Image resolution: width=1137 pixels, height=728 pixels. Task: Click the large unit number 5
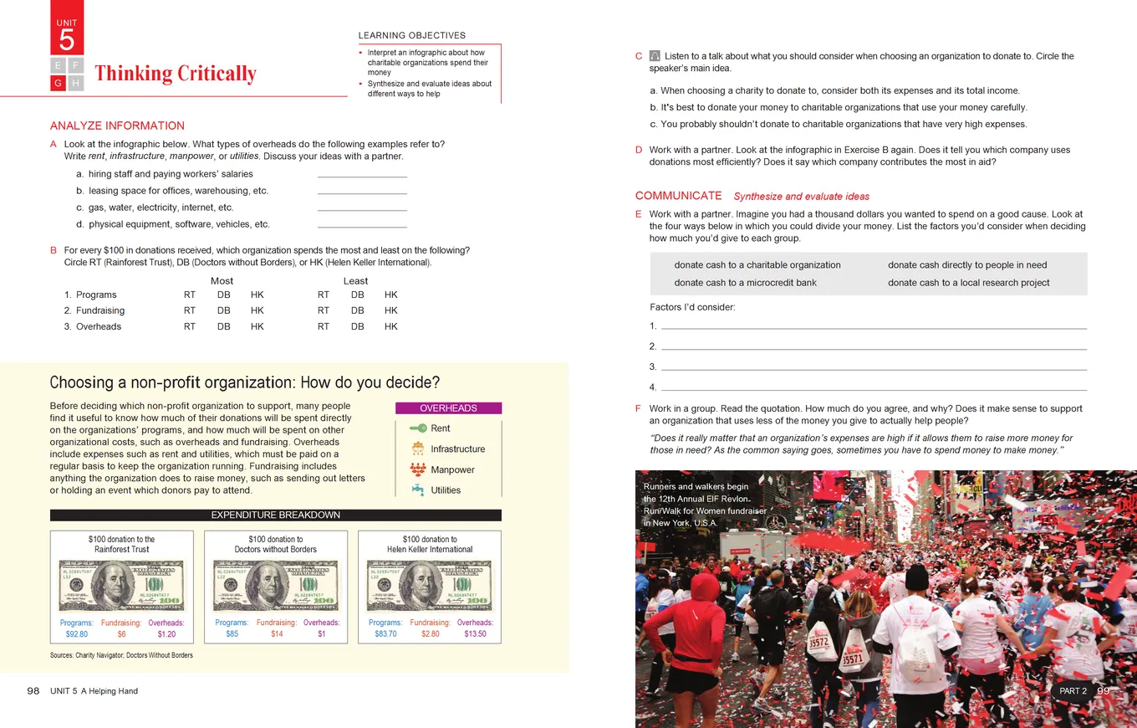click(x=67, y=39)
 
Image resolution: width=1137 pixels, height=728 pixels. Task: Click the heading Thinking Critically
click(x=176, y=74)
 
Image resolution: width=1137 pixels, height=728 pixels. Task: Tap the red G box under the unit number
click(x=59, y=83)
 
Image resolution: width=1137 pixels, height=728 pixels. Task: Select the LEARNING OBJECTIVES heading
click(x=412, y=36)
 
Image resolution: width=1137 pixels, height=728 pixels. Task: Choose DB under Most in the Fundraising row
click(x=224, y=310)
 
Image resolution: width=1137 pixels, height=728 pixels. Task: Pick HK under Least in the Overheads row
click(x=391, y=326)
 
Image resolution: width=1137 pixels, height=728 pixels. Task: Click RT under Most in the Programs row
click(x=190, y=295)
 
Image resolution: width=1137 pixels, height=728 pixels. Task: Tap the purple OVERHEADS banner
click(x=448, y=408)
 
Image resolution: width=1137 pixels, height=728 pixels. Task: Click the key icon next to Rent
click(x=418, y=428)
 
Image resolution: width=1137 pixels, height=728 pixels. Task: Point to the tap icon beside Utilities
click(x=418, y=490)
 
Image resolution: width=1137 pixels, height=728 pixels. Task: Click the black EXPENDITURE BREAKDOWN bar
click(x=276, y=515)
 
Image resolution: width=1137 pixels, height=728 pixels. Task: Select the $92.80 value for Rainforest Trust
click(x=77, y=634)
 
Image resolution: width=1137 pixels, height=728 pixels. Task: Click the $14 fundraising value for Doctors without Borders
click(x=277, y=634)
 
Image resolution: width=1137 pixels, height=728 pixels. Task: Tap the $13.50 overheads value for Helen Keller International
click(x=475, y=634)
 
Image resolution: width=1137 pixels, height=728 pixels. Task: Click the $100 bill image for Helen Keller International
click(x=429, y=586)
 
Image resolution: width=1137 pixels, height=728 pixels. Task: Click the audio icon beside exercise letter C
click(x=655, y=56)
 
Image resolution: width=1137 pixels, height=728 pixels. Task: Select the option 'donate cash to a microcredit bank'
click(x=745, y=283)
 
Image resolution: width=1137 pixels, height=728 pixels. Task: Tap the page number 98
click(x=33, y=690)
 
